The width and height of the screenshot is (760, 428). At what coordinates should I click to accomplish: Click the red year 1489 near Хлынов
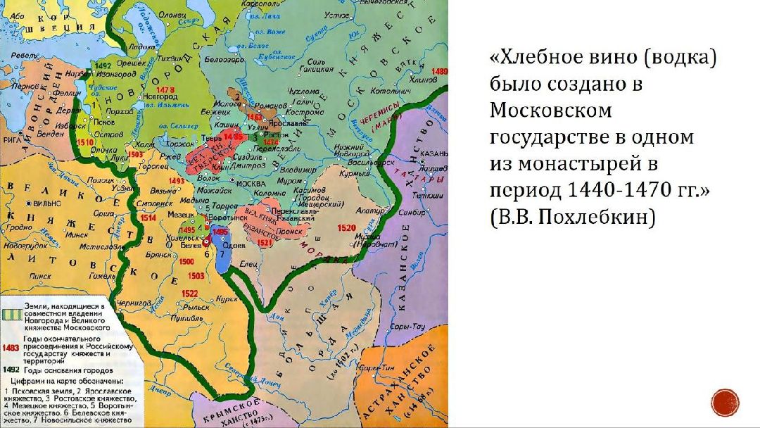pyautogui.click(x=441, y=72)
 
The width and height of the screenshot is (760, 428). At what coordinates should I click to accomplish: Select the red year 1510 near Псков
pyautogui.click(x=86, y=142)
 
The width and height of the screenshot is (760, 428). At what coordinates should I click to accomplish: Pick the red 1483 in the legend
pyautogui.click(x=11, y=348)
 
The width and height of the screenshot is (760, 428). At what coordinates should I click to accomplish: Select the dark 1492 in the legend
pyautogui.click(x=11, y=370)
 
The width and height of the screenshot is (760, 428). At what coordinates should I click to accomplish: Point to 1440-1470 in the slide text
pyautogui.click(x=602, y=191)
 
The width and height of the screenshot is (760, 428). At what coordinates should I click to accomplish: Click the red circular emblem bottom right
pyautogui.click(x=724, y=402)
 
